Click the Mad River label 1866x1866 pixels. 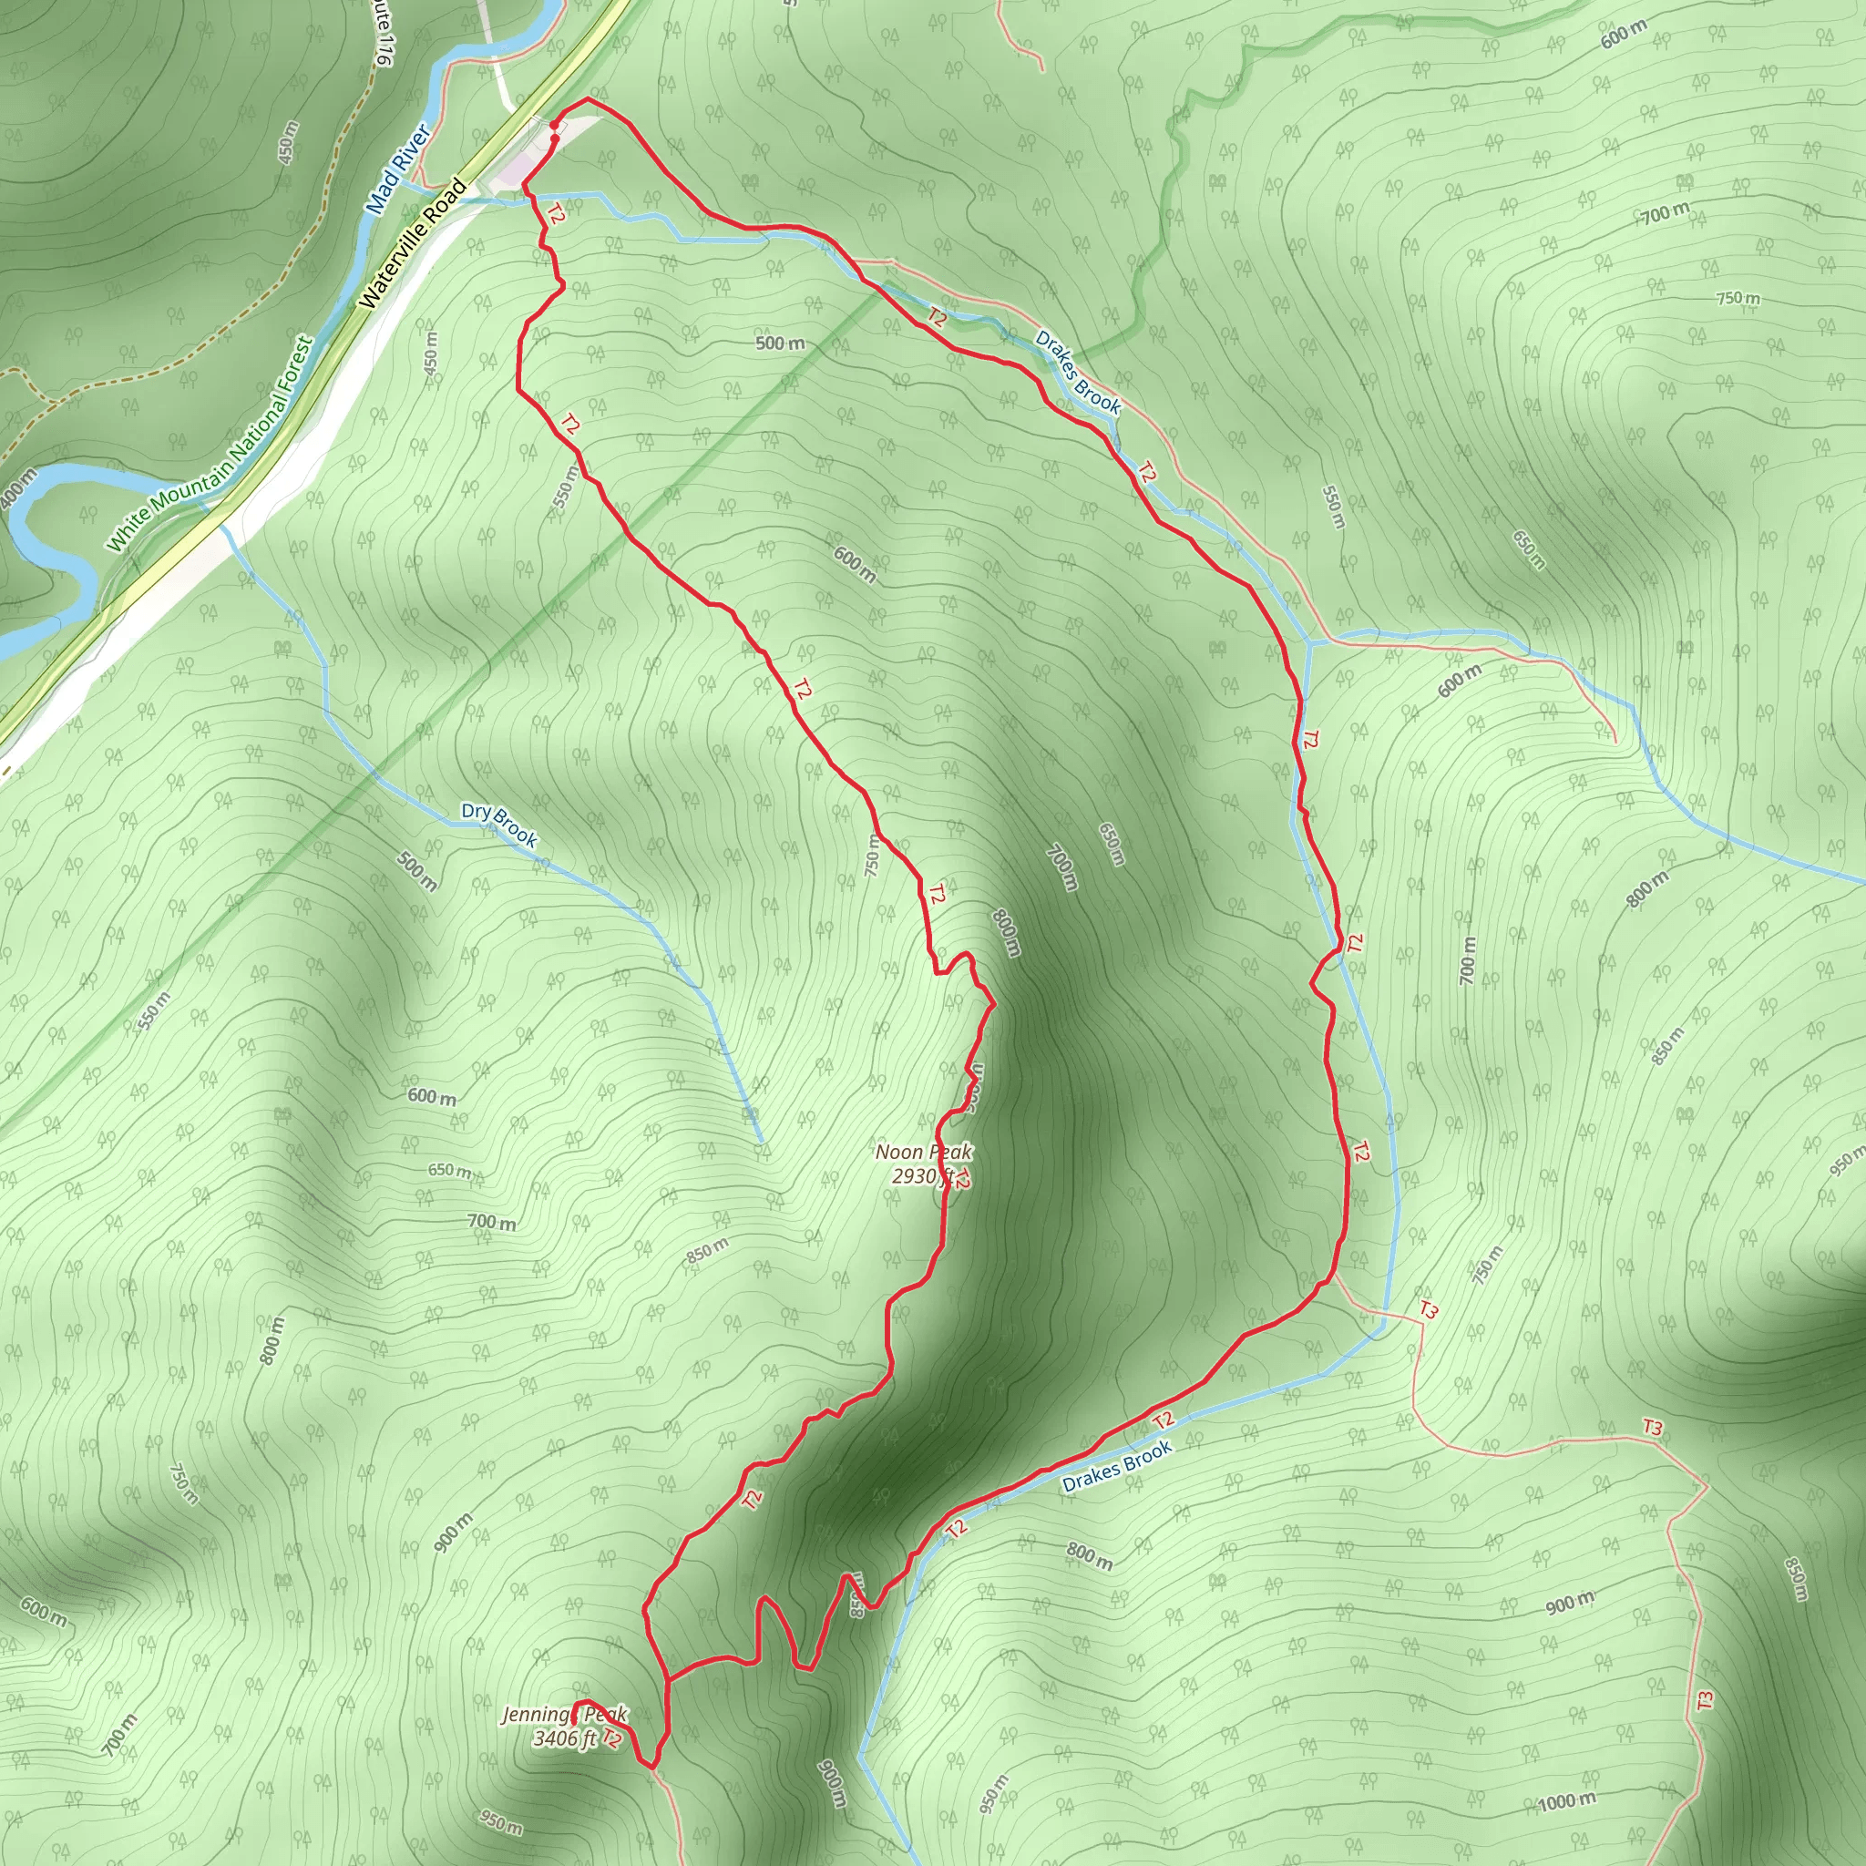(x=397, y=169)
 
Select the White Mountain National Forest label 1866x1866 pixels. (x=210, y=444)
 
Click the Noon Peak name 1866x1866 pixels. (x=923, y=1153)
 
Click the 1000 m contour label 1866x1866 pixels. (x=1566, y=1801)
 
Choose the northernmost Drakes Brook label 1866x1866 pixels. (x=1078, y=372)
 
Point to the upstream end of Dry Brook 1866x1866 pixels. (x=763, y=1143)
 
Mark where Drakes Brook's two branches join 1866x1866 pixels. (x=1308, y=641)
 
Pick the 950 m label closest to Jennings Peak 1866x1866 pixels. (x=501, y=1821)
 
